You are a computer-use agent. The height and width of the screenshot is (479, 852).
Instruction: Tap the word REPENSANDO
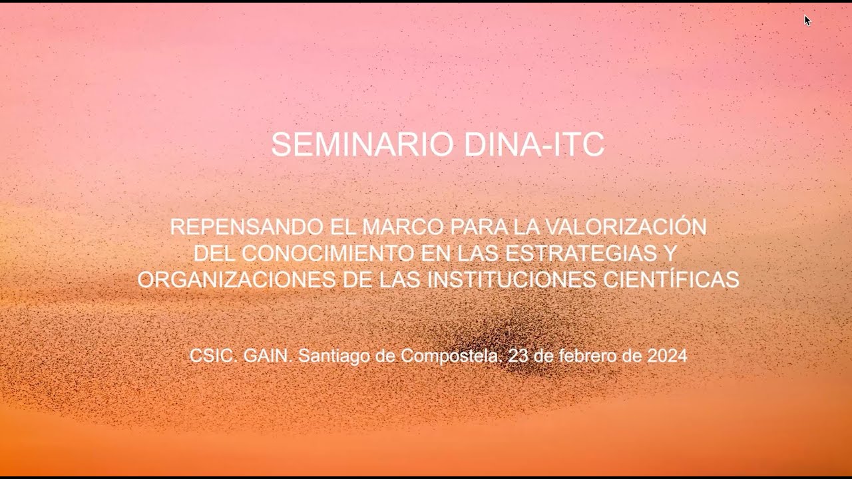246,227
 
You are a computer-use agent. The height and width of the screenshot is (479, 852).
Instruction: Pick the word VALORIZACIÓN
626,227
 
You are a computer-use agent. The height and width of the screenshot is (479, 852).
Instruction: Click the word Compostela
450,357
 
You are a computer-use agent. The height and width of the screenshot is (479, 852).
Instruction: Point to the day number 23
518,356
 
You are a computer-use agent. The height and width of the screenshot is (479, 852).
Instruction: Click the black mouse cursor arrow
807,21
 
